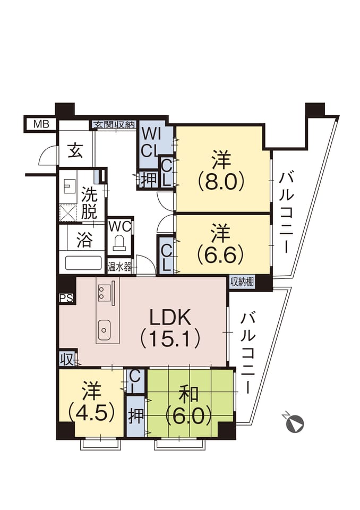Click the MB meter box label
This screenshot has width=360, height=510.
click(41, 124)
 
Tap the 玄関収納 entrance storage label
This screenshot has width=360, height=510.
click(114, 124)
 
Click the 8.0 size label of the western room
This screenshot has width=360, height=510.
click(221, 182)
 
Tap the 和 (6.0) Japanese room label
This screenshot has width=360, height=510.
click(189, 404)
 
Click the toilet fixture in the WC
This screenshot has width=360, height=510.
click(119, 243)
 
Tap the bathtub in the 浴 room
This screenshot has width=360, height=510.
click(83, 263)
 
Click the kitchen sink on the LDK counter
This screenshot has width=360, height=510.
click(105, 329)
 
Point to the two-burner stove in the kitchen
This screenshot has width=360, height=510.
click(103, 292)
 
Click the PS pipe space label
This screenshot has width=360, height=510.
click(66, 298)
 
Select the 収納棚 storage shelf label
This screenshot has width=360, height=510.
click(242, 282)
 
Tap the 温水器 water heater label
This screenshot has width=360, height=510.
click(119, 267)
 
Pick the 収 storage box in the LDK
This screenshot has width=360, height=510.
click(67, 360)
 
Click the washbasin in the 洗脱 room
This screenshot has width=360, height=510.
click(68, 188)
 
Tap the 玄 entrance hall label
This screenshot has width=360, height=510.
click(75, 151)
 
